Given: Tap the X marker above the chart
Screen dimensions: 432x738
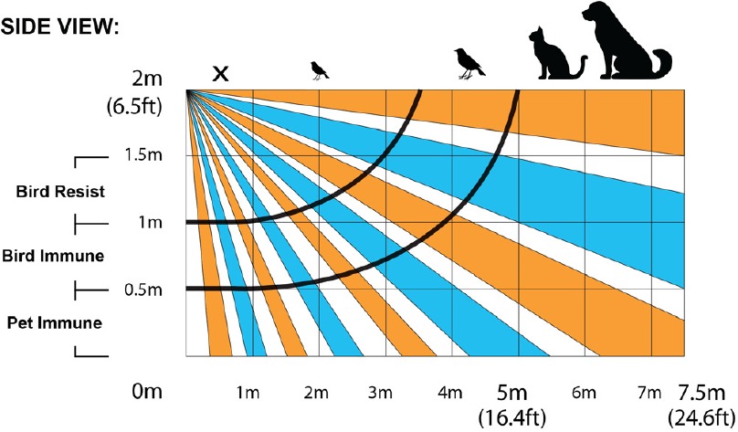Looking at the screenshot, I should pos(219,72).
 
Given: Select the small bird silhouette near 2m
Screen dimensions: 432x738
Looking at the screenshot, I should pos(320,69).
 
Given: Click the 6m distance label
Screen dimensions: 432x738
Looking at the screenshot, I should pos(583,394).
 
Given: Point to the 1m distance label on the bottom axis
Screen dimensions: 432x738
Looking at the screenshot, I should pos(247,394).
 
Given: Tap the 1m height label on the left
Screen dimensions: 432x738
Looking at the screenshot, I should pos(150,223).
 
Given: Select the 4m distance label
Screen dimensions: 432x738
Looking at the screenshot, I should pos(448,394).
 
